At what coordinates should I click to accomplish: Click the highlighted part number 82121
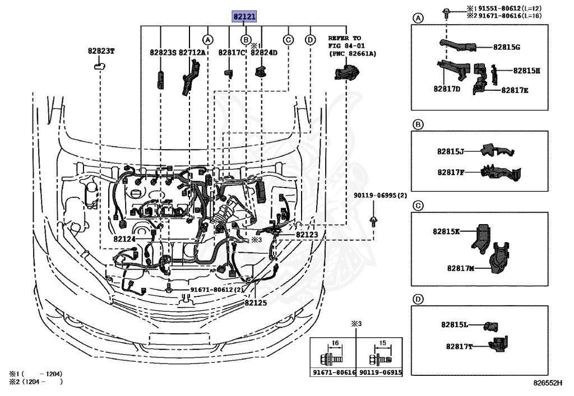point(245,17)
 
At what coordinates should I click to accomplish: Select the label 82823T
point(100,50)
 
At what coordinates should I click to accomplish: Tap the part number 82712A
point(192,52)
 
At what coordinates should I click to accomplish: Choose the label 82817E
point(515,90)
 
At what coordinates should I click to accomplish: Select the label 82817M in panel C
point(461,269)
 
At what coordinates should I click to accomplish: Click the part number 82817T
point(459,347)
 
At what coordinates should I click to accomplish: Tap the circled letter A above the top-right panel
point(418,18)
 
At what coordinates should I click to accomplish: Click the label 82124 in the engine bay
point(125,239)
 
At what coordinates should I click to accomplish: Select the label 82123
point(307,235)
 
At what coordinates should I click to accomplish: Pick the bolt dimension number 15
point(382,343)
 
